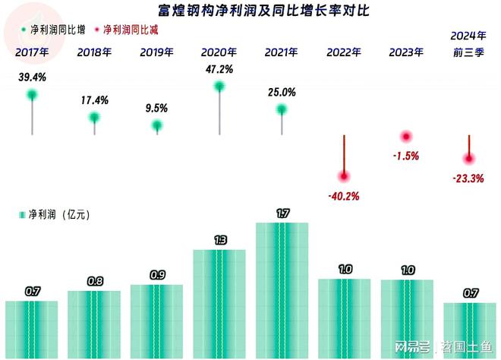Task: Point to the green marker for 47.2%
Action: click(x=219, y=87)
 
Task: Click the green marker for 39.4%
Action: click(x=32, y=95)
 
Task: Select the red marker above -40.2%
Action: click(x=345, y=176)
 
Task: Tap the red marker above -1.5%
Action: click(x=406, y=137)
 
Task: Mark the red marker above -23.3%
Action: click(x=469, y=159)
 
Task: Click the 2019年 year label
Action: click(x=156, y=52)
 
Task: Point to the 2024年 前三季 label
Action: click(x=468, y=44)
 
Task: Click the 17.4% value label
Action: click(x=95, y=100)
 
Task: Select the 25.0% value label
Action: click(x=282, y=93)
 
